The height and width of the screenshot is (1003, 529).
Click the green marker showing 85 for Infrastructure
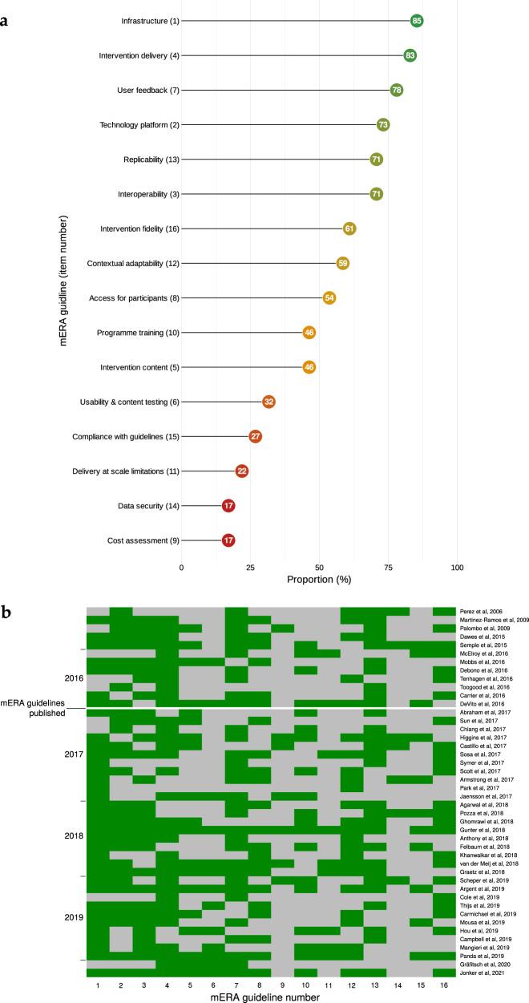(416, 20)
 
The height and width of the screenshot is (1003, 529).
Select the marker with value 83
(410, 55)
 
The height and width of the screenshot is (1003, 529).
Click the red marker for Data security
(228, 506)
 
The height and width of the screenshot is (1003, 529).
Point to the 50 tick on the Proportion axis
(319, 568)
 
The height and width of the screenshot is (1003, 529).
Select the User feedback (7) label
(147, 90)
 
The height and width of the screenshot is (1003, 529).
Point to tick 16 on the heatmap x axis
(444, 984)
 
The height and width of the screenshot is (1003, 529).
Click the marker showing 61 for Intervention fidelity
(349, 229)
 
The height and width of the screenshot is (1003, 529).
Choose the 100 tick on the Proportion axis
(457, 568)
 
